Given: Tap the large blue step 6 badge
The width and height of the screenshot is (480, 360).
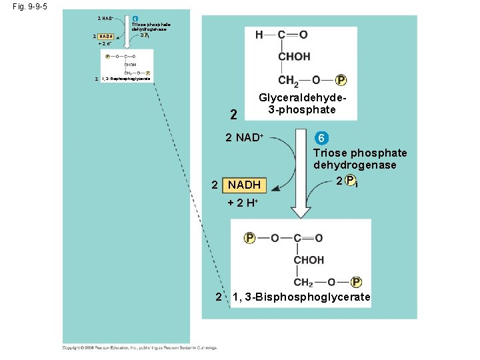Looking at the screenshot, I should point(321,138).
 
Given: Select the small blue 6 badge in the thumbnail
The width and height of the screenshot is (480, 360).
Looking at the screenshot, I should point(135,18).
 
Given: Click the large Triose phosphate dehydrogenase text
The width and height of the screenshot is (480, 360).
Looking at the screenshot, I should point(360,159).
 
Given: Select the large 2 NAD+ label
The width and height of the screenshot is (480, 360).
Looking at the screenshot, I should point(245,138).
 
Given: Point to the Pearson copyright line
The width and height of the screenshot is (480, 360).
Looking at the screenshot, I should point(140,347).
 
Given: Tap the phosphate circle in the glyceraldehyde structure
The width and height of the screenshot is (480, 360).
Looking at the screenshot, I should point(341,81).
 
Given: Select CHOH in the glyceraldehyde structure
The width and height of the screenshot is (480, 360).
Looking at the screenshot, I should point(294,57).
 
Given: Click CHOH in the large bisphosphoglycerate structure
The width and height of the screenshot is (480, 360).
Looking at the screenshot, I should point(309,259).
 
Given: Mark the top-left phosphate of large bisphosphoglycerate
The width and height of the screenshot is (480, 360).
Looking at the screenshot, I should point(250,238).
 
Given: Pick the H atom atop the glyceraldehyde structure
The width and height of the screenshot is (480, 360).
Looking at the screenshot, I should point(259,34).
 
